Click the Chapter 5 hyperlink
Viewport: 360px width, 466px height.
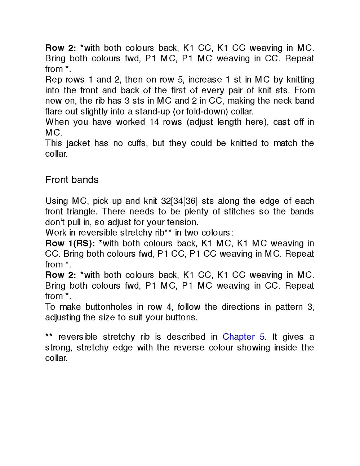point(243,337)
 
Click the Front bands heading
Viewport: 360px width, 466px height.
point(72,180)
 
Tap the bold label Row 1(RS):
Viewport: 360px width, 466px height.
point(70,243)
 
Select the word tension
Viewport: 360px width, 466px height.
point(182,222)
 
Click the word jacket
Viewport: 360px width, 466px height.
point(78,143)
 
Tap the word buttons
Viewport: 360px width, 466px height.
point(181,318)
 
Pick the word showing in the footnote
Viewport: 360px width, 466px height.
point(253,348)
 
